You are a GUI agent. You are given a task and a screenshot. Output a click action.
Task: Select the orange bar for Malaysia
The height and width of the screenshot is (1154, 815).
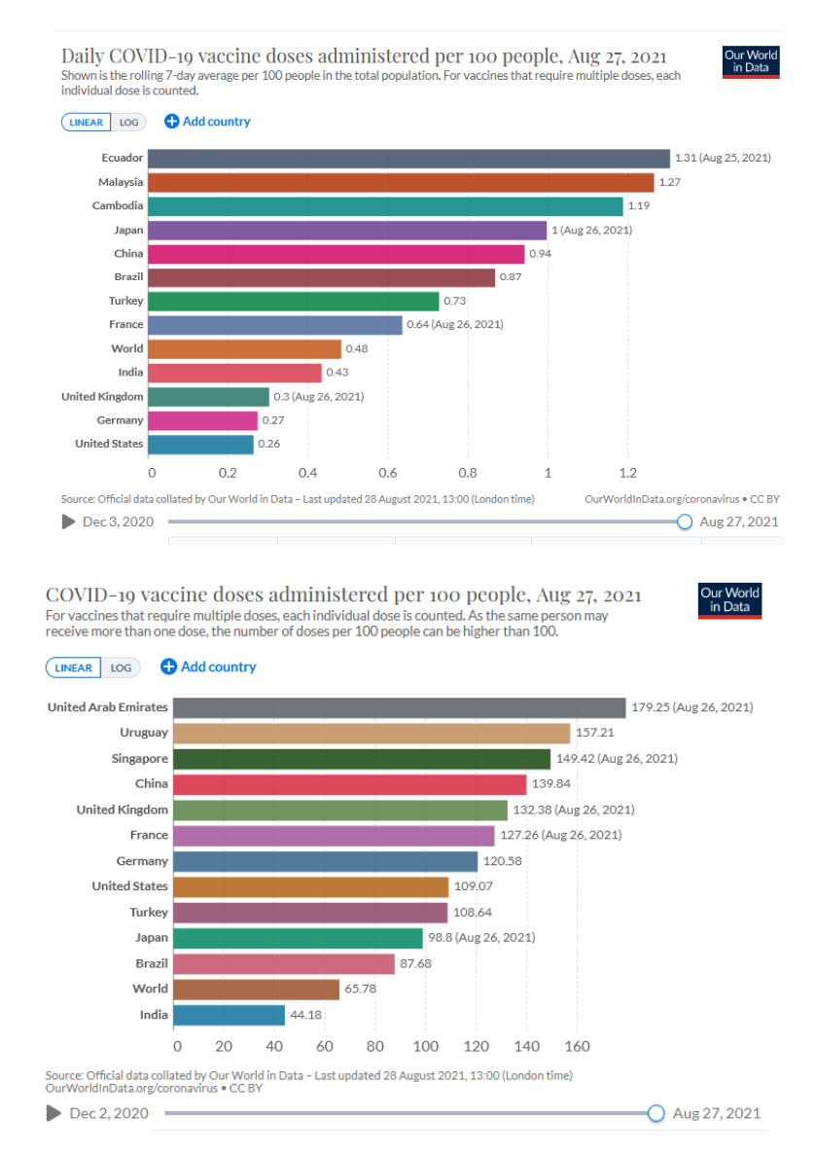(403, 182)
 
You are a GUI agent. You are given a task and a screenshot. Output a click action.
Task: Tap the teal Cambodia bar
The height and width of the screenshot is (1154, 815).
(387, 206)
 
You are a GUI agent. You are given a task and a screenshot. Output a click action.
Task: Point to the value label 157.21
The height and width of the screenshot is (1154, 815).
(596, 733)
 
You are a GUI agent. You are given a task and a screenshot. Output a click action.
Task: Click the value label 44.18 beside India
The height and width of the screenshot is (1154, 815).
(311, 1015)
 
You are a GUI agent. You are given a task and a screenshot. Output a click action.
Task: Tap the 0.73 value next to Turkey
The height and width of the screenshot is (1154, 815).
(455, 301)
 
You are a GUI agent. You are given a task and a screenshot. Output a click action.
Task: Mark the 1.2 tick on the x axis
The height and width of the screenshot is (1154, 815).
(627, 473)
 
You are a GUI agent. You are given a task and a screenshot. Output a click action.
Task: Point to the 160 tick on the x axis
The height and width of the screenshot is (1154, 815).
(578, 1047)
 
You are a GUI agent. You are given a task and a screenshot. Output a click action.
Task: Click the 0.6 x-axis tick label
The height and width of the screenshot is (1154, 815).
(389, 473)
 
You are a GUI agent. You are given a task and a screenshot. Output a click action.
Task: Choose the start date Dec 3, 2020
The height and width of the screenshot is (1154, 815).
(119, 522)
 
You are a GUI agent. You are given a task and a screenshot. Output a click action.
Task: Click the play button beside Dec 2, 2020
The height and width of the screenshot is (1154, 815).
(53, 1113)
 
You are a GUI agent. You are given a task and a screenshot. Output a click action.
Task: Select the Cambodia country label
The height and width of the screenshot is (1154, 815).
(119, 206)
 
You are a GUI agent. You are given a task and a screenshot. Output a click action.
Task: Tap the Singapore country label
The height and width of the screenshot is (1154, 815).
(140, 758)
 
